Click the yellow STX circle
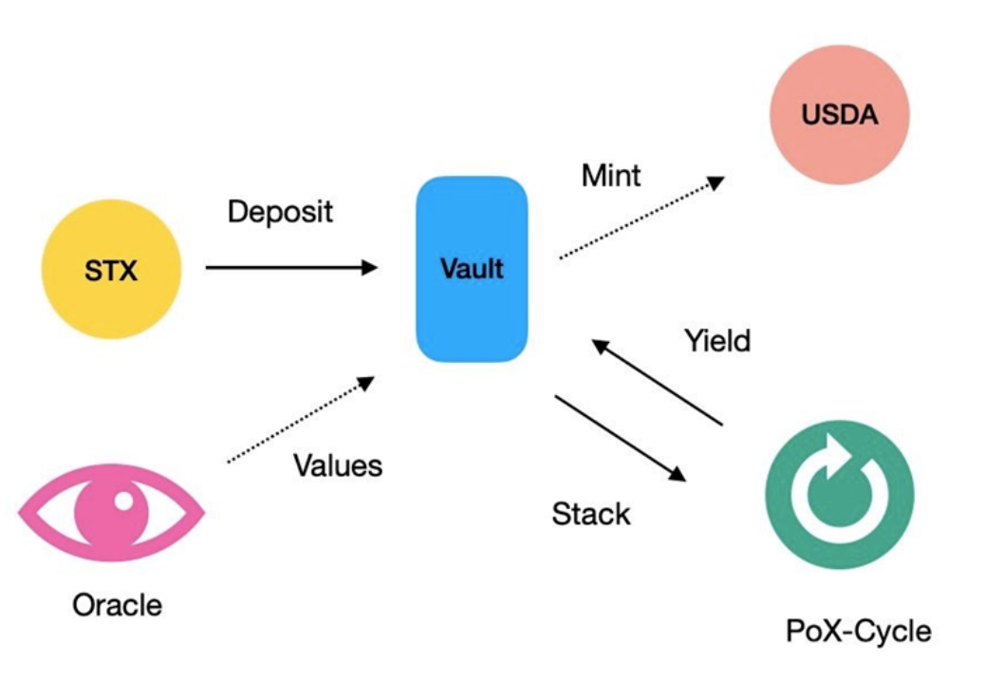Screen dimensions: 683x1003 click(x=111, y=270)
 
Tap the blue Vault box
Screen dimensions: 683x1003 click(x=472, y=269)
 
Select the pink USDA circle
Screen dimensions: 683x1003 click(x=839, y=117)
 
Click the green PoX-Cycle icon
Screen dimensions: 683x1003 click(x=839, y=495)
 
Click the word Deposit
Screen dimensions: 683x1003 click(x=280, y=210)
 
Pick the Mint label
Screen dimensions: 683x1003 click(x=611, y=175)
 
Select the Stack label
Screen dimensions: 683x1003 click(x=590, y=514)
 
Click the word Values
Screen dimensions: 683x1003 click(x=337, y=465)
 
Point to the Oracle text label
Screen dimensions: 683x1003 click(x=117, y=604)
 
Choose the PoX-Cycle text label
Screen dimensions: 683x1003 click(x=859, y=630)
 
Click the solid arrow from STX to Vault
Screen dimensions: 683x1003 click(x=290, y=268)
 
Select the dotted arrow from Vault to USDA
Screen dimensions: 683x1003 click(x=641, y=218)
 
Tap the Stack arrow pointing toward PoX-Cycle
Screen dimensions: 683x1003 click(x=619, y=438)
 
